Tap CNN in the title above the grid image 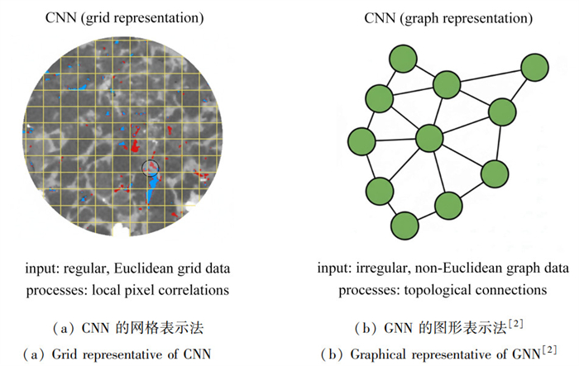click(60, 17)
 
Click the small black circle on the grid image click(151, 168)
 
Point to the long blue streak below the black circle click(151, 190)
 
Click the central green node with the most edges click(429, 138)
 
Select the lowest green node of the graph click(404, 226)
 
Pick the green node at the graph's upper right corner click(534, 67)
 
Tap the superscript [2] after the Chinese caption click(515, 324)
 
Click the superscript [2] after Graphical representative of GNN click(549, 349)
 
